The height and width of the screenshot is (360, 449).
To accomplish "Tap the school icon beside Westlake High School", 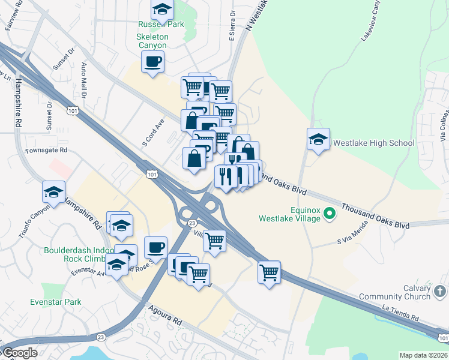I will point(318,140).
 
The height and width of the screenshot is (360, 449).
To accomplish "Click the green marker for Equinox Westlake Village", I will point(329,213).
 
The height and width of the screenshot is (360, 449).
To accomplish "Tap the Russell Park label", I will point(161,25).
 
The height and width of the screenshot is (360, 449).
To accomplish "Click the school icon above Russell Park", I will point(162,9).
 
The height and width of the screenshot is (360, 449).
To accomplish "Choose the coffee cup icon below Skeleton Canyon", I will point(153,61).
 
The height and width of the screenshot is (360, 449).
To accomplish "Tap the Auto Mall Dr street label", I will point(85,80).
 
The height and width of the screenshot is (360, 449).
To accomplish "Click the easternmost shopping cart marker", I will point(270,272).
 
